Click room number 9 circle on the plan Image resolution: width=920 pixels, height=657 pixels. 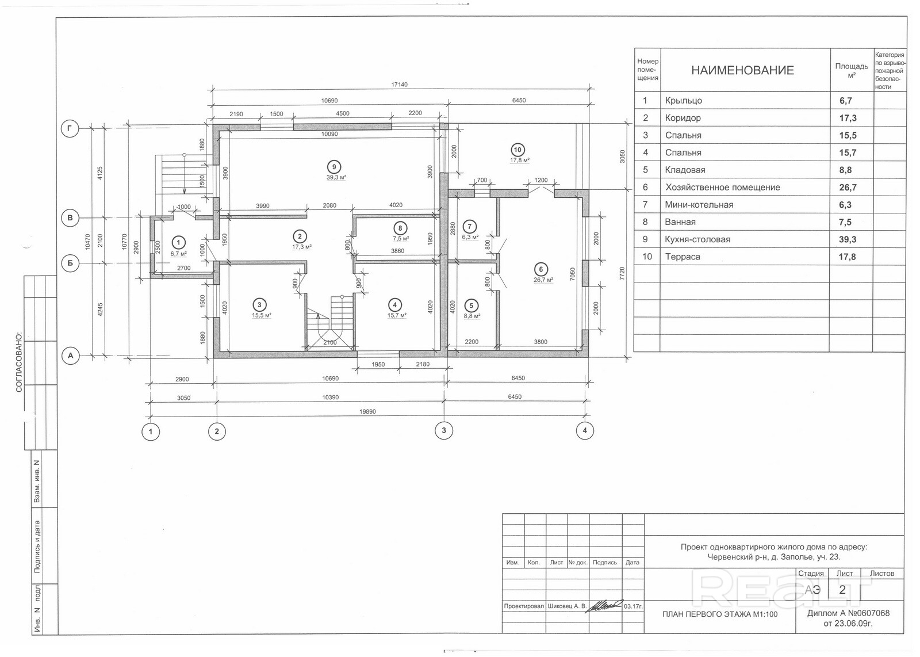(x=334, y=167)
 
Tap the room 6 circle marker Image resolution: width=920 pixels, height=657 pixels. (x=540, y=270)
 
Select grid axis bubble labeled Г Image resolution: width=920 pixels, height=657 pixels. (x=70, y=129)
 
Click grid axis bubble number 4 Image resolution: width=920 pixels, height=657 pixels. (x=585, y=431)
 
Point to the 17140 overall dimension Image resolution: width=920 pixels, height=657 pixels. (x=399, y=85)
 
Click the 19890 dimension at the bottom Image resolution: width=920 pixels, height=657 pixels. (x=367, y=412)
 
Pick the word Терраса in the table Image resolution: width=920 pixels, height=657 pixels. (x=683, y=257)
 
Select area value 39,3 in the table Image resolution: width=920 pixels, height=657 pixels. (x=848, y=239)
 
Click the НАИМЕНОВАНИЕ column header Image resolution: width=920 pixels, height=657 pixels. (x=742, y=70)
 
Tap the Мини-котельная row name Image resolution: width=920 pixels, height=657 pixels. (x=699, y=205)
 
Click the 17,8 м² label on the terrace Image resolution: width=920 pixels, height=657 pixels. (x=519, y=161)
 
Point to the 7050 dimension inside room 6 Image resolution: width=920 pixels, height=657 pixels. (x=573, y=274)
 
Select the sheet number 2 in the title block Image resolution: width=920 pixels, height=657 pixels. (x=842, y=590)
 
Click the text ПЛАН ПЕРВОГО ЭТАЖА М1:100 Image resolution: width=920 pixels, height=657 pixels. (x=720, y=614)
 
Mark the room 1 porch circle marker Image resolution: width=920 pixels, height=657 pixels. (x=178, y=242)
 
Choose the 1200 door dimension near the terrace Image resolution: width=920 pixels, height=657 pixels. (x=541, y=180)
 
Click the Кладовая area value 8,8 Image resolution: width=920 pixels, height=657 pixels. (x=845, y=170)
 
